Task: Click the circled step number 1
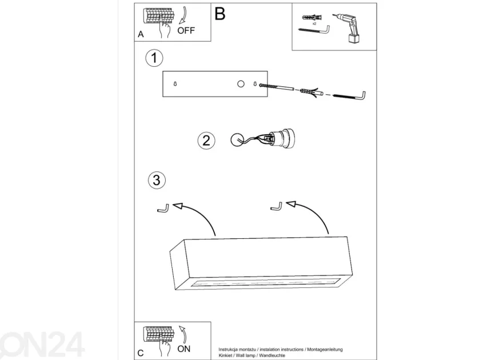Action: pos(154,58)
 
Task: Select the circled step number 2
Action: pos(206,141)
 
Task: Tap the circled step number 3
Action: pos(157,180)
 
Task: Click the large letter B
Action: pos(220,14)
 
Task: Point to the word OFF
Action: pos(186,30)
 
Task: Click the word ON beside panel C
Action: pos(184,349)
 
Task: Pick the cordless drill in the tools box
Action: pos(348,28)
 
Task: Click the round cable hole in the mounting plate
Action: pos(241,84)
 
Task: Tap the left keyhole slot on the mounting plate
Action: pos(175,84)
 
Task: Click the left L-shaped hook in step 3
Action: pos(163,209)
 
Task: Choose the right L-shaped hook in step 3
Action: pos(277,206)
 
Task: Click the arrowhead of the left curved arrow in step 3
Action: pos(177,206)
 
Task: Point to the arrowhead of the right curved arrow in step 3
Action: pos(290,204)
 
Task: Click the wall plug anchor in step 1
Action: pos(310,93)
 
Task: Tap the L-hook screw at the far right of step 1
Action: pos(349,95)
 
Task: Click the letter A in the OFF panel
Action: pos(141,34)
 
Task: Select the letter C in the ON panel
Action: pos(141,353)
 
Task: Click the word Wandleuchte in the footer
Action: pos(272,355)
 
